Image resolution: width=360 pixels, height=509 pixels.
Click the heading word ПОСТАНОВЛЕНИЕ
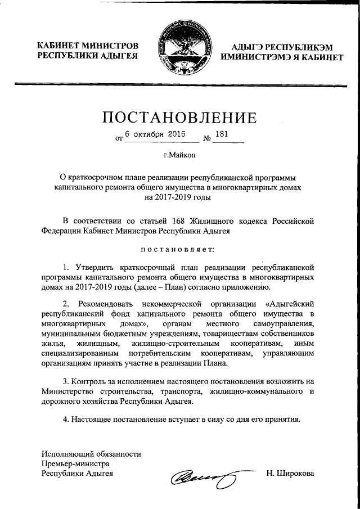pos(180,118)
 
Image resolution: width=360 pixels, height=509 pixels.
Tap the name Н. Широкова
pos(291,474)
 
